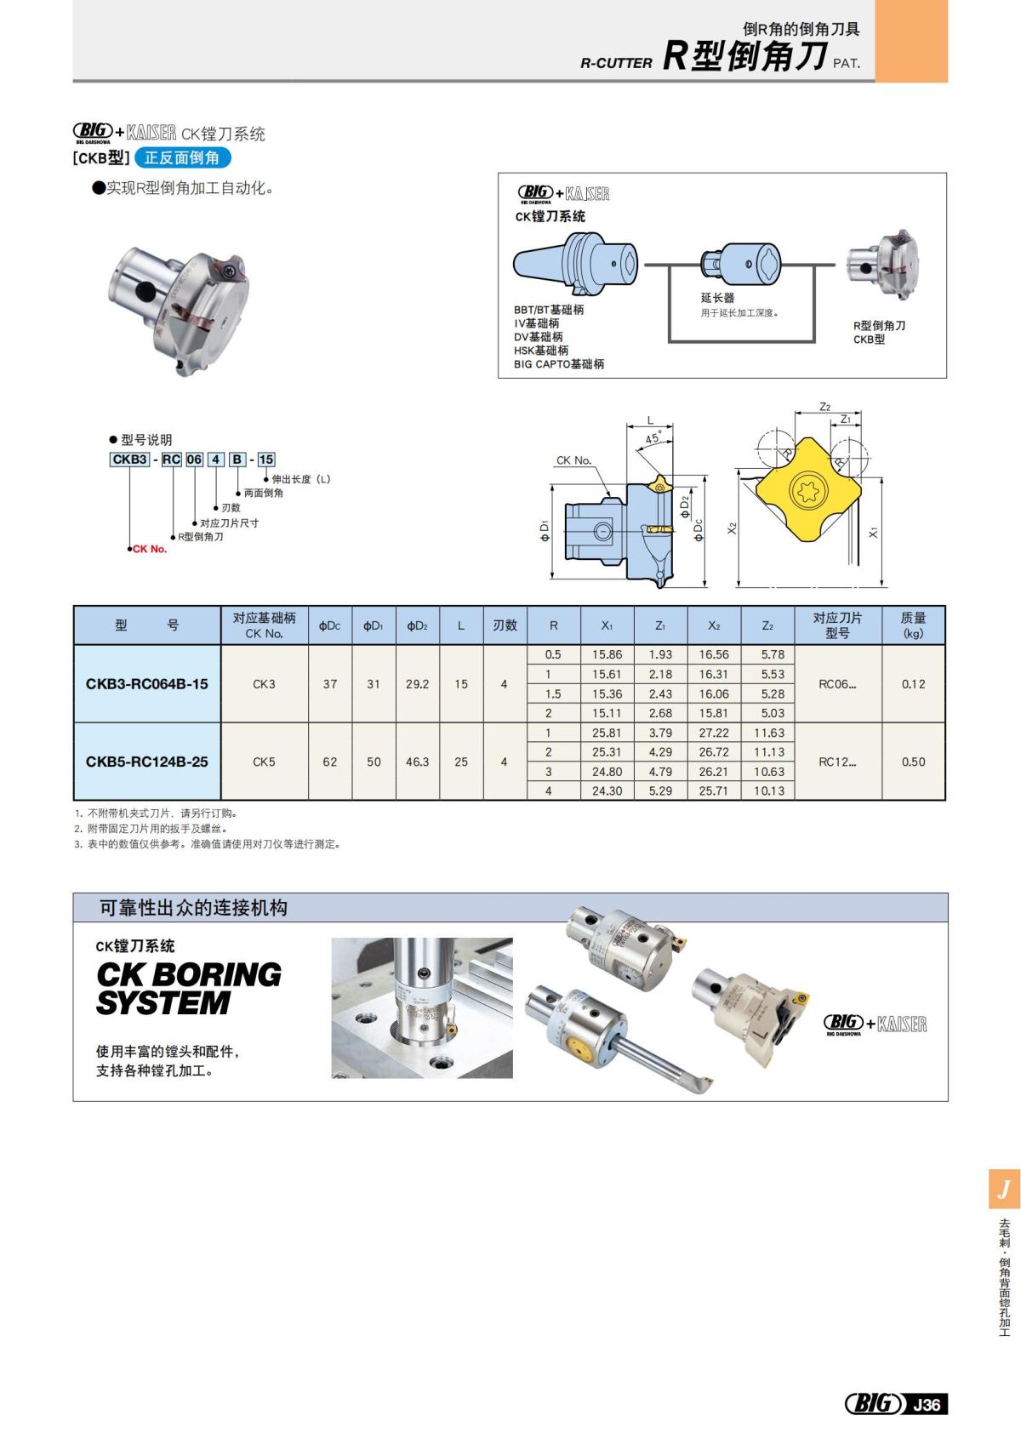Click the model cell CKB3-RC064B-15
click(146, 684)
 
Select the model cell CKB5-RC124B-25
click(146, 762)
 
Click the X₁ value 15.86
click(607, 654)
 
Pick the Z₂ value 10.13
click(768, 790)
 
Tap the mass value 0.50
click(913, 762)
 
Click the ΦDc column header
click(329, 625)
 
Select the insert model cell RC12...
click(837, 762)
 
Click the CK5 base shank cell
click(264, 762)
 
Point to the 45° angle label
click(653, 439)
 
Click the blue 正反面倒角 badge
click(182, 157)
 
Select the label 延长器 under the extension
click(717, 298)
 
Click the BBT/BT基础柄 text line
click(549, 310)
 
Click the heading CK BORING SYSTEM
click(188, 988)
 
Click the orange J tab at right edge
click(1004, 1189)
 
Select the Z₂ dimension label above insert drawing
click(824, 407)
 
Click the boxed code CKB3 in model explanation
click(129, 459)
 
